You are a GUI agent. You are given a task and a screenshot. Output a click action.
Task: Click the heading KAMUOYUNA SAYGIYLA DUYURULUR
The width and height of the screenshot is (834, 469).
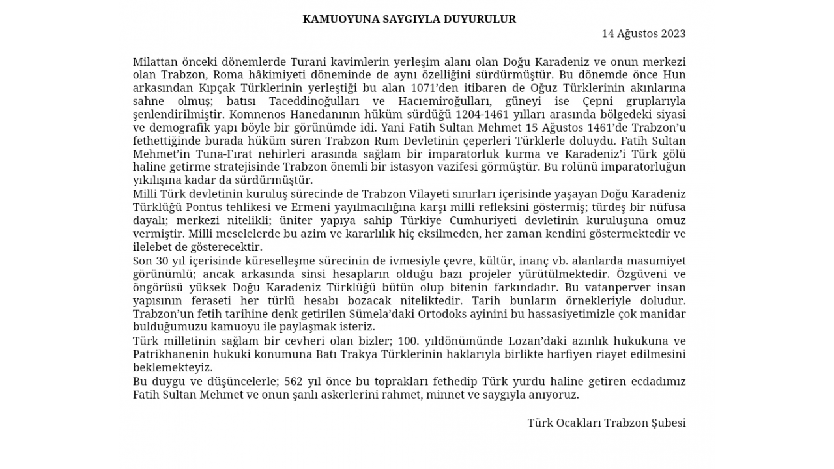[x=409, y=20]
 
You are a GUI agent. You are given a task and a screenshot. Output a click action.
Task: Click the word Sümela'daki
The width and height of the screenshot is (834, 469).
[x=325, y=314]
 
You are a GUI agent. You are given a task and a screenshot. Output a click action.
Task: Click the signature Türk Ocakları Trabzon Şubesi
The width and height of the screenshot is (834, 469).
[x=606, y=423]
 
